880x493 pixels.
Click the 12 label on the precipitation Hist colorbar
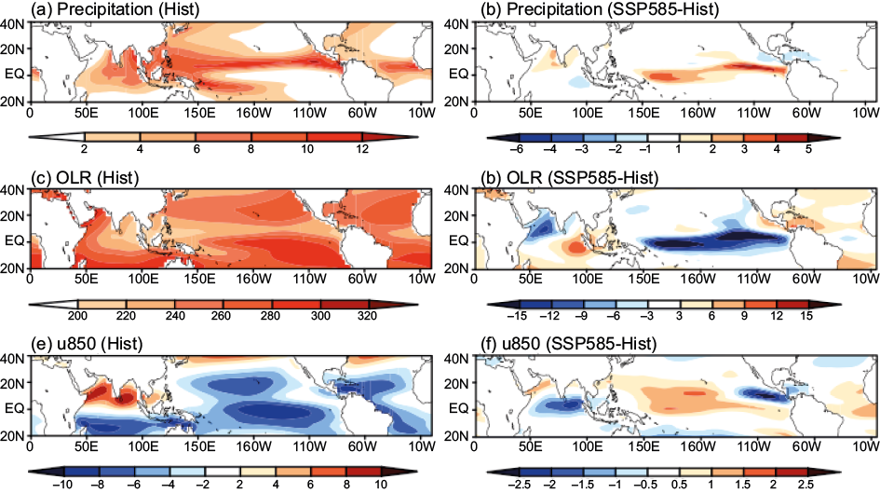tap(363, 149)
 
